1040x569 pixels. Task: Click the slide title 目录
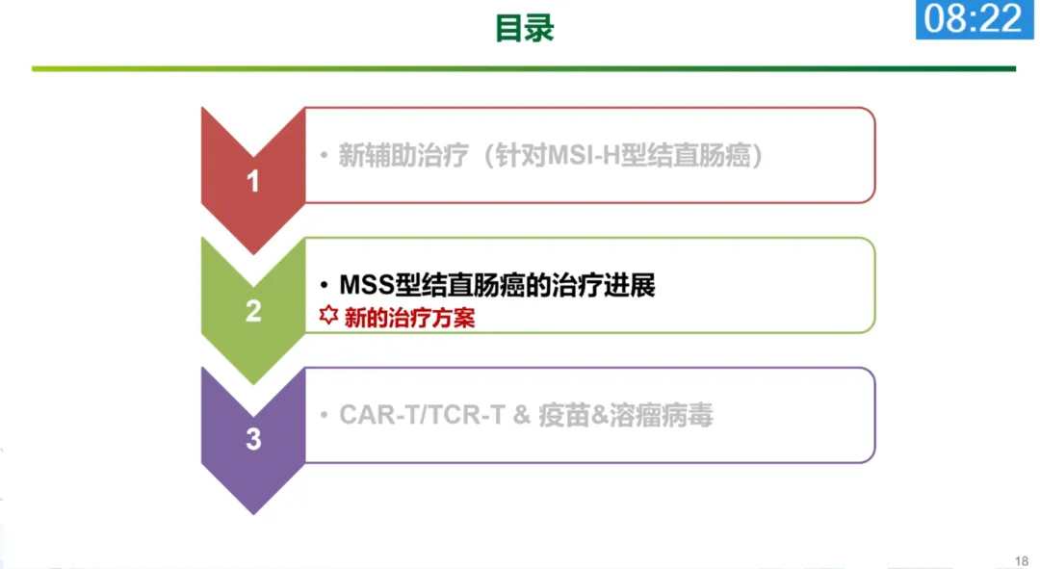tap(525, 27)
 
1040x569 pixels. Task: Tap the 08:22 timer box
tap(975, 19)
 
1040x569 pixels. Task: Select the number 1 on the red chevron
tap(253, 180)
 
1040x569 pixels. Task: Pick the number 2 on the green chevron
tap(253, 311)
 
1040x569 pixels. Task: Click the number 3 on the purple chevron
tap(253, 440)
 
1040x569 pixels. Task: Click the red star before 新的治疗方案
tap(328, 317)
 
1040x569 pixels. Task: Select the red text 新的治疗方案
tap(409, 318)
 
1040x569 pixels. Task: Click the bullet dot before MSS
tap(325, 286)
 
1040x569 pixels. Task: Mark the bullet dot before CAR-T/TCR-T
tap(325, 416)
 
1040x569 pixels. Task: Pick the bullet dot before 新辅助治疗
tap(325, 157)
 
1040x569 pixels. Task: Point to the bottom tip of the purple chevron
tap(253, 513)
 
